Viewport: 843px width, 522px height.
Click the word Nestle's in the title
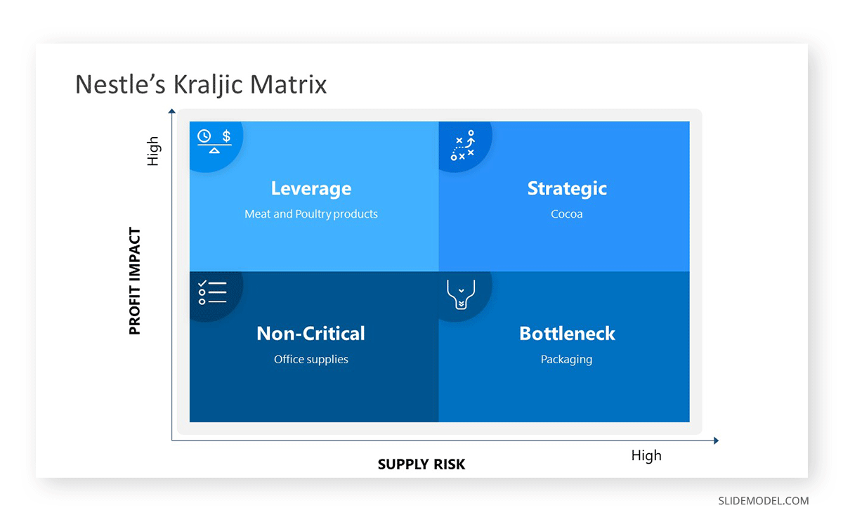[x=120, y=84]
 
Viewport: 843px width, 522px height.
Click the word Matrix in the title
[x=288, y=84]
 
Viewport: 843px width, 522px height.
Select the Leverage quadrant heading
[x=311, y=188]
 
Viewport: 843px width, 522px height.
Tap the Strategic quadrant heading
[x=567, y=188]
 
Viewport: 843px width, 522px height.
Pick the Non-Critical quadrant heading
[x=311, y=334]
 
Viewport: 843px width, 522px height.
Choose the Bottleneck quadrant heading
[x=567, y=334]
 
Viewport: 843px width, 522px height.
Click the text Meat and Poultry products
[x=311, y=214]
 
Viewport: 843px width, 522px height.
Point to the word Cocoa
[x=567, y=214]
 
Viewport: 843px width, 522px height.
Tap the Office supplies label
[x=311, y=360]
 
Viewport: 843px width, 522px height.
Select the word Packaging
[x=566, y=360]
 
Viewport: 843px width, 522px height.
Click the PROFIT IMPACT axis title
[x=135, y=281]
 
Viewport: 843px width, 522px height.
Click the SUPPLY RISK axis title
[x=421, y=464]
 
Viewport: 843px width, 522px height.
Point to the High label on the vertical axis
[x=153, y=151]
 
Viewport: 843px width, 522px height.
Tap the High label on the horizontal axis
[x=646, y=455]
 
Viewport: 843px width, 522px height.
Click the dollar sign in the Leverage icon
[x=226, y=136]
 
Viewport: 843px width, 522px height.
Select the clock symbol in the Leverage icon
[x=204, y=136]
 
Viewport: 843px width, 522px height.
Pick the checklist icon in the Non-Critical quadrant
[x=213, y=292]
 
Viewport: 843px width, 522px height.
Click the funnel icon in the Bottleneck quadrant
[x=461, y=294]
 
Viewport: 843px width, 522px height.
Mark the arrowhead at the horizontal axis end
[x=716, y=441]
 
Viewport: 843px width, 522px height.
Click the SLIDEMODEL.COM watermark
[x=763, y=501]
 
